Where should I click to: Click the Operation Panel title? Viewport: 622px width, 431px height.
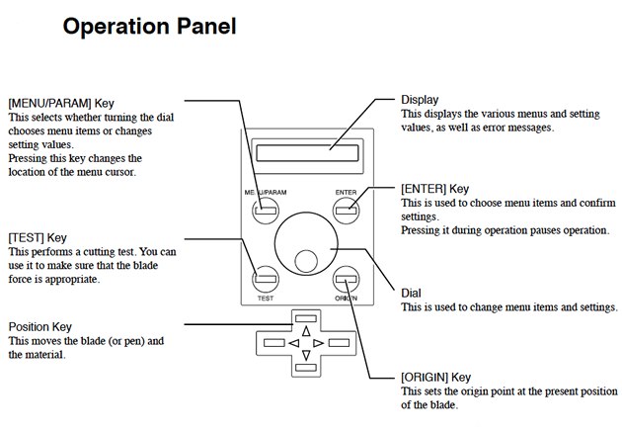[x=149, y=27]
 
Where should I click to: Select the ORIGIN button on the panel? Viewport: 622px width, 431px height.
[x=344, y=278]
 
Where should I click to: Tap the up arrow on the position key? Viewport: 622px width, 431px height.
[x=305, y=330]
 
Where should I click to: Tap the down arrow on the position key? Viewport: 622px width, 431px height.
[x=305, y=355]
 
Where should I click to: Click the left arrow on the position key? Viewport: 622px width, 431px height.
[x=292, y=343]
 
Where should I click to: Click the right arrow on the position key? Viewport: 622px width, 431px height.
[x=318, y=343]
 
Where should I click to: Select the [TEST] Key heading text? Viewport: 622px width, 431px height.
[x=37, y=237]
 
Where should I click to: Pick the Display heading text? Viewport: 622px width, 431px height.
[x=420, y=99]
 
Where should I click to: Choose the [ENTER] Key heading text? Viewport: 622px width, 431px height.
[x=435, y=188]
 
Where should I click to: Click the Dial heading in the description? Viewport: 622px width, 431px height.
[x=411, y=293]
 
